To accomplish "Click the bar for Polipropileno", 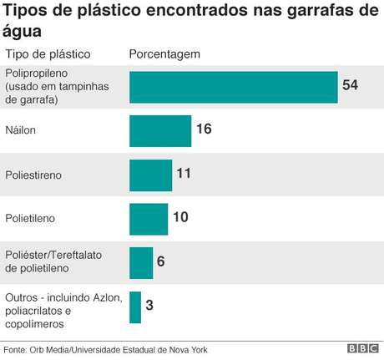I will (x=234, y=87).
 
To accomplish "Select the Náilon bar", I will (x=150, y=131).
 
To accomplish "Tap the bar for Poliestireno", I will (x=151, y=175).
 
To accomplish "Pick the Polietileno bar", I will (x=149, y=219).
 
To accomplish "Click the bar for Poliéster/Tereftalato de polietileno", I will (x=141, y=262).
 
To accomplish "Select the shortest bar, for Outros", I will (x=135, y=307).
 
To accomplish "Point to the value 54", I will (x=351, y=86).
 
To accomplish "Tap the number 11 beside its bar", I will (x=184, y=175).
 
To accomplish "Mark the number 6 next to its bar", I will (x=160, y=262).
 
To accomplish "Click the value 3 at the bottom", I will (x=149, y=306).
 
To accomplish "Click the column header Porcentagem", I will (x=164, y=54).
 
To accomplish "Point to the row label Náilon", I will (x=20, y=131).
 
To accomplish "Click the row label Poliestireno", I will (x=33, y=175).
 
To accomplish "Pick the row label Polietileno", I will (x=31, y=219).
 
